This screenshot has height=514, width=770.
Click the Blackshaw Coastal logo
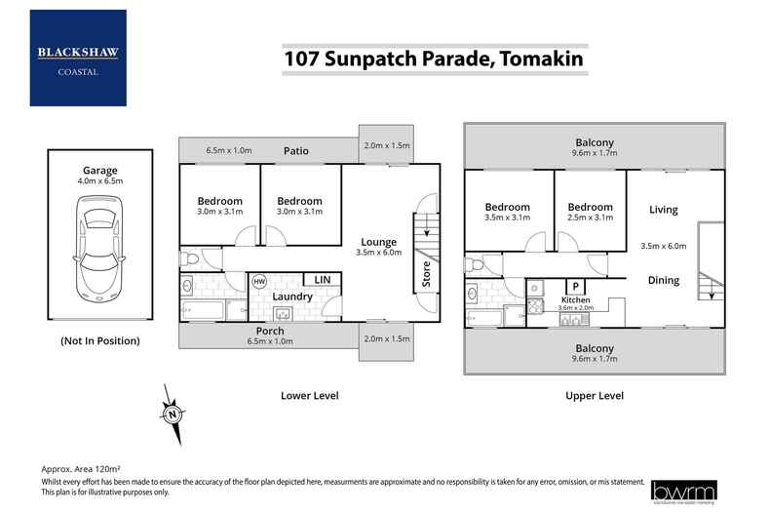[x=78, y=58]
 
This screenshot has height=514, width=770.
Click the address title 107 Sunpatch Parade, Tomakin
[x=434, y=59]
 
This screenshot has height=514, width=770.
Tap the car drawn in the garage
[x=99, y=244]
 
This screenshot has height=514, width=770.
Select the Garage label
[x=99, y=171]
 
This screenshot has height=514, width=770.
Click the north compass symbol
[x=173, y=414]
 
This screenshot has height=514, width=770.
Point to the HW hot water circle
[x=259, y=282]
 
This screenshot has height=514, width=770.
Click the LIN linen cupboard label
[x=322, y=280]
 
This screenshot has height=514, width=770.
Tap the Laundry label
[x=292, y=297]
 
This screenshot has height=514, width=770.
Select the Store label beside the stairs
[x=426, y=273]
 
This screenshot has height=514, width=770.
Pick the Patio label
[x=296, y=151]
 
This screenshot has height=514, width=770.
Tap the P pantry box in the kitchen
[x=576, y=286]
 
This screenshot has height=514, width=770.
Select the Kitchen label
[x=576, y=299]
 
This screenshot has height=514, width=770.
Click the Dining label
[x=664, y=281]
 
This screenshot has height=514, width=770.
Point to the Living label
[x=664, y=210]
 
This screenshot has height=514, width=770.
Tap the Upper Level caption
[x=594, y=396]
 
